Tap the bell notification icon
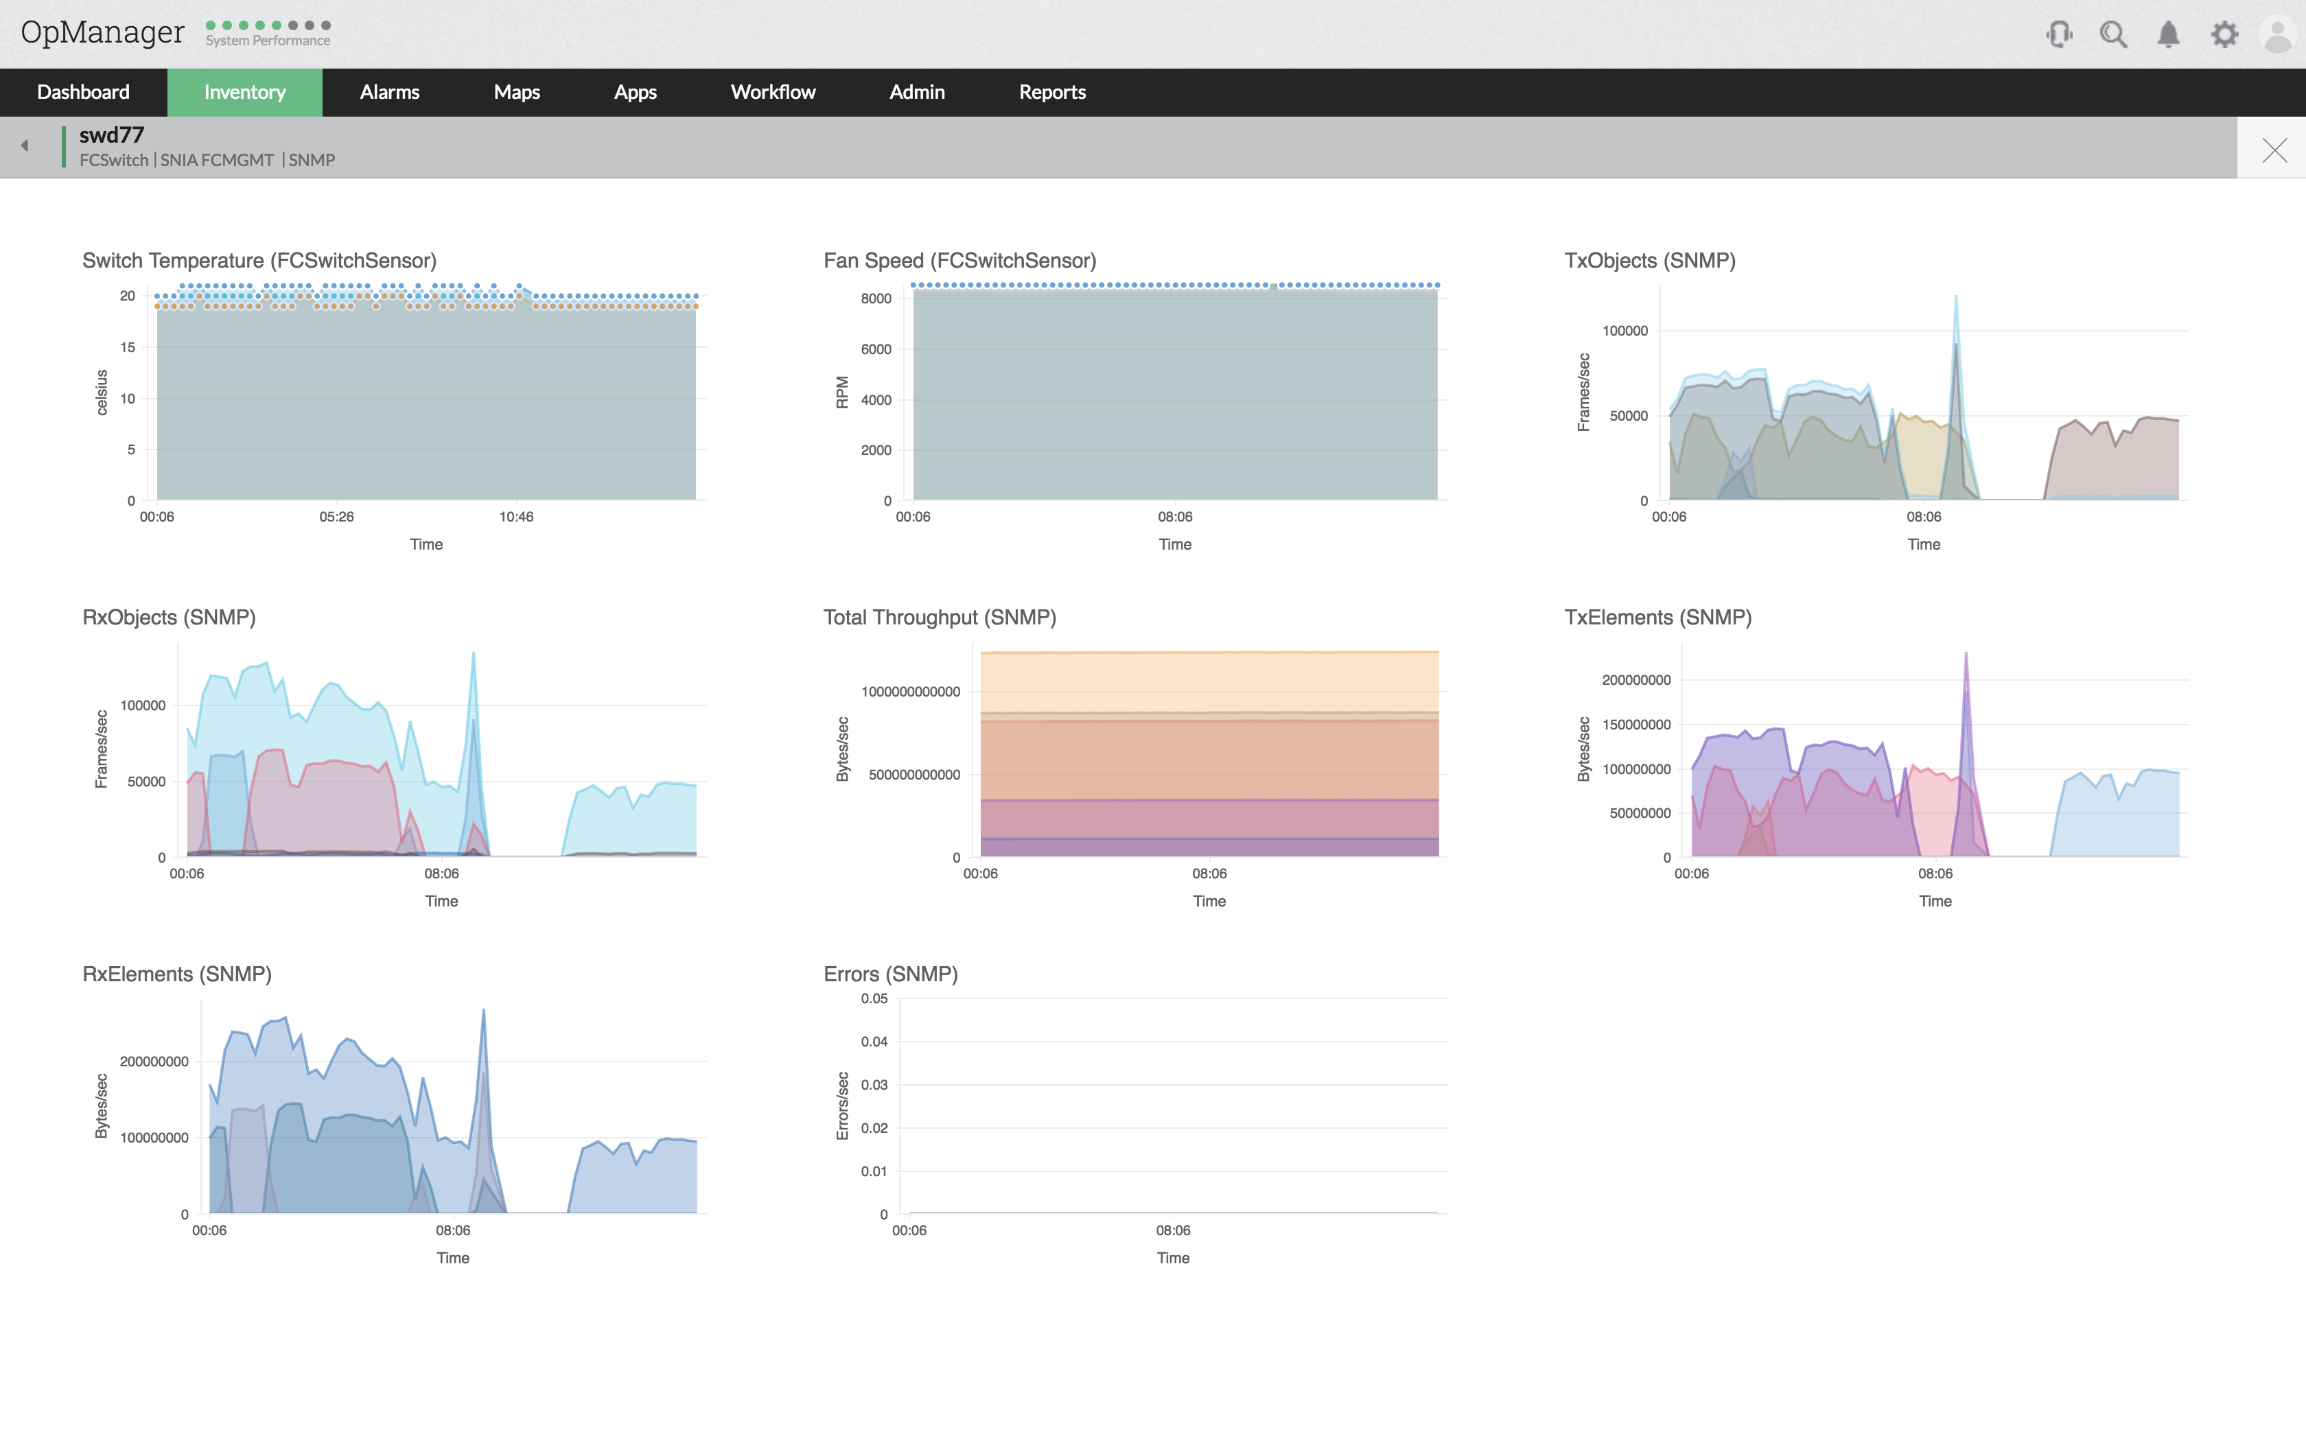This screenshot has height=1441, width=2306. pos(2168,35)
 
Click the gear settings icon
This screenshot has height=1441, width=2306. pos(2224,35)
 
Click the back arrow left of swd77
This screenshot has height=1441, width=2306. pos(25,145)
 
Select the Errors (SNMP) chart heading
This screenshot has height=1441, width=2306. pos(890,974)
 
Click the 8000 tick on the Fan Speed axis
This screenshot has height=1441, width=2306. pos(876,299)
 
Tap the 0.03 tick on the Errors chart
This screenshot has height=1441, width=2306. pos(874,1085)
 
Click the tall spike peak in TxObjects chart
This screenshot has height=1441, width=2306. pos(1955,297)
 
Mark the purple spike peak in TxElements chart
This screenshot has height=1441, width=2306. pos(1965,655)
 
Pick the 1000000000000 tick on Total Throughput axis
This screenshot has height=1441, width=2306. pos(910,692)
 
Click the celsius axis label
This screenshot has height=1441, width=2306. pos(102,393)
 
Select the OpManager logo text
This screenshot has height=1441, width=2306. pos(102,32)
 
